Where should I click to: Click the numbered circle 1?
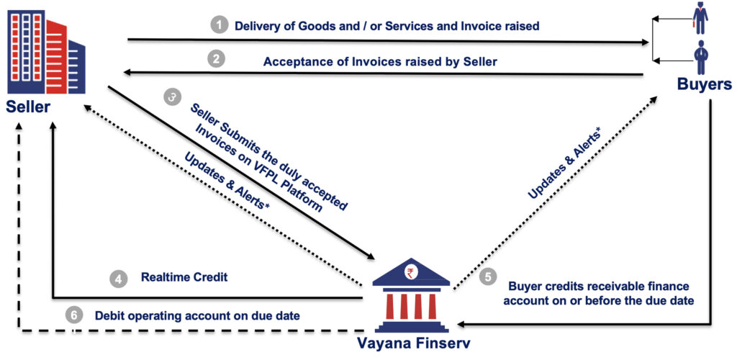tap(219, 26)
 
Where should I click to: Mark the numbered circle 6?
tap(73, 315)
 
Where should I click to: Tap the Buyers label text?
tap(704, 84)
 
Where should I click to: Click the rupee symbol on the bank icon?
tap(411, 273)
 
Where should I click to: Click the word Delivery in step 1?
tap(257, 26)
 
